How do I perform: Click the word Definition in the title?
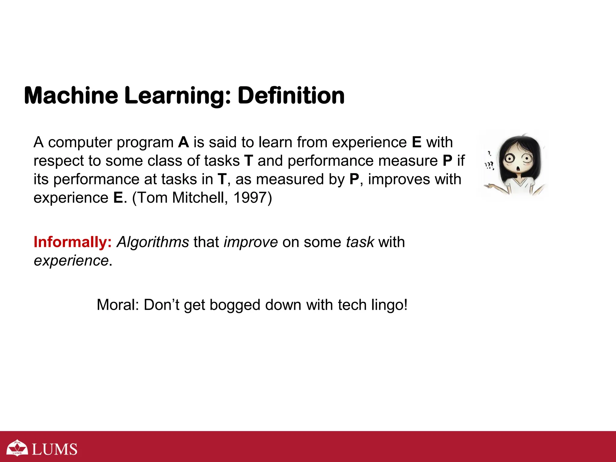291,96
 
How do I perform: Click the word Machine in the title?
71,96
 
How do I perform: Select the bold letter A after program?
183,142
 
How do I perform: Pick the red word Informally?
72,242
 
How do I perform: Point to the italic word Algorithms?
153,242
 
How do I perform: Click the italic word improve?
251,242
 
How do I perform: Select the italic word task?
360,242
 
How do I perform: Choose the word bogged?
235,305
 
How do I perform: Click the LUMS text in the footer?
54,449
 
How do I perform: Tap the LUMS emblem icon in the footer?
17,448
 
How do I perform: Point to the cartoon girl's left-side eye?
510,158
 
